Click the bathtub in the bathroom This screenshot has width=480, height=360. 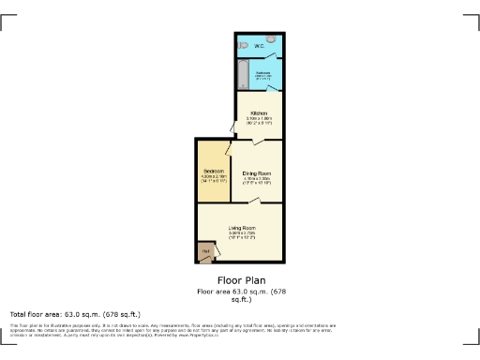tap(241, 74)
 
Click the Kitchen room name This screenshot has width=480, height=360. tap(259, 113)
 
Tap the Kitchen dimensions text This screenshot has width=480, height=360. tap(259, 121)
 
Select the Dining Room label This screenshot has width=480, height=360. tap(257, 173)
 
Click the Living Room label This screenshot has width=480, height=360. tap(242, 228)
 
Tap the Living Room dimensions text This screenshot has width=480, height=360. tap(242, 236)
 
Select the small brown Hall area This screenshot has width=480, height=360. tap(204, 252)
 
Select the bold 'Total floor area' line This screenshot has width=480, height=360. tap(75, 313)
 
